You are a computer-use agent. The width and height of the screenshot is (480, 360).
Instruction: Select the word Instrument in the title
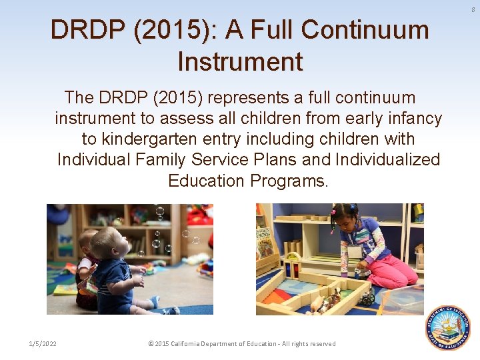[x=240, y=62]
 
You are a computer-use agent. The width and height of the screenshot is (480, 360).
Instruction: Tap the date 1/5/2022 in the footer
[x=43, y=343]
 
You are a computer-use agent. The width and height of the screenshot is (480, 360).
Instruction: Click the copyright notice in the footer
[x=242, y=343]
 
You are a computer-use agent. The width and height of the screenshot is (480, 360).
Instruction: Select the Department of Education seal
[x=448, y=328]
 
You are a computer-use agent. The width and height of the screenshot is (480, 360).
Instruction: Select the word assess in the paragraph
[x=217, y=119]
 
